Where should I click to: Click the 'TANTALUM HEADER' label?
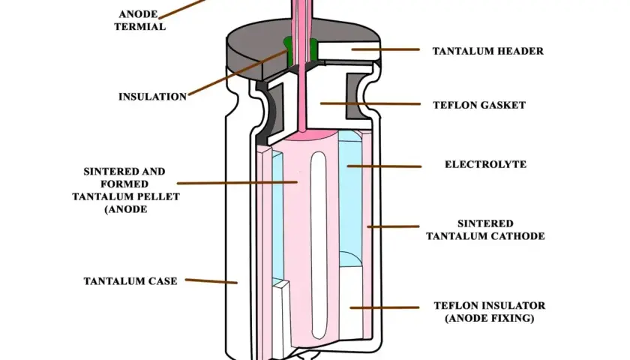coord(487,51)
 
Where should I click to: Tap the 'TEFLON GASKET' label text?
coord(479,105)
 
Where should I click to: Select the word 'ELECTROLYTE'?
coord(485,164)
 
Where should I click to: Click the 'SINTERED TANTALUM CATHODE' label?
coord(485,229)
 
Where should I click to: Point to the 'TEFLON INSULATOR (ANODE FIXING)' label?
coord(490,312)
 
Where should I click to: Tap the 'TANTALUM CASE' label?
coord(130,281)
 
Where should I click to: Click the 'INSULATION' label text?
coord(153,97)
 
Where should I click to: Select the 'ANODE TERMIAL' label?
coord(139,20)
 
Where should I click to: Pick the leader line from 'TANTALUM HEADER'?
coord(385,49)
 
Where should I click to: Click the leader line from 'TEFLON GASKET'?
coord(370,103)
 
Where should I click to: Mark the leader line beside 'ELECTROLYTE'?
coord(385,166)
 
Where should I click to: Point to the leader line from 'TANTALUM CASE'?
coord(211,281)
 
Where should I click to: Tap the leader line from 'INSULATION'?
coord(238,73)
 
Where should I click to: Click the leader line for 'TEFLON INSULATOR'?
coord(385,307)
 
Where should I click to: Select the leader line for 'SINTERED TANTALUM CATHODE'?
coord(393,226)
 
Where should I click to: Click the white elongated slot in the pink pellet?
coord(319,245)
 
